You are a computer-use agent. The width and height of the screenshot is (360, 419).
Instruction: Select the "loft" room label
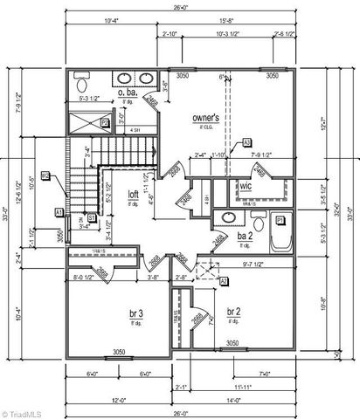pyautogui.click(x=133, y=195)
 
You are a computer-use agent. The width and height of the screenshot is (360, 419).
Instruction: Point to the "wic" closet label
pyautogui.click(x=247, y=184)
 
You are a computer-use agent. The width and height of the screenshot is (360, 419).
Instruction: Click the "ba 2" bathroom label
pyautogui.click(x=246, y=236)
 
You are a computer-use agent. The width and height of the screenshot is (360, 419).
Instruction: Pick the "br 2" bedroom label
pyautogui.click(x=234, y=312)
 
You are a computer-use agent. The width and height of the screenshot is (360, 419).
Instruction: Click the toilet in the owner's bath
pyautogui.click(x=81, y=86)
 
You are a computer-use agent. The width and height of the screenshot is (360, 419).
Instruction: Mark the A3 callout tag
pyautogui.click(x=247, y=141)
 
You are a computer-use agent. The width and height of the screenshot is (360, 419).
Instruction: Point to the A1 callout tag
pyautogui.click(x=59, y=212)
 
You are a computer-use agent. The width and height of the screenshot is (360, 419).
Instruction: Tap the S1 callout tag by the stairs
pyautogui.click(x=91, y=217)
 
